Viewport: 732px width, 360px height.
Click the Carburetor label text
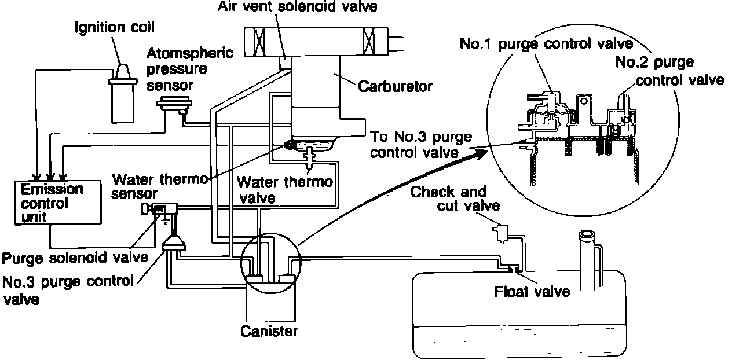pos(394,87)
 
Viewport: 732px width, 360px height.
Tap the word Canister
pos(269,332)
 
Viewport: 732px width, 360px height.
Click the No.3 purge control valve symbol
pos(174,244)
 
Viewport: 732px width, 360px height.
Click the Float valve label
pos(532,291)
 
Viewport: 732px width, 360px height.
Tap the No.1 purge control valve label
pos(546,43)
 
